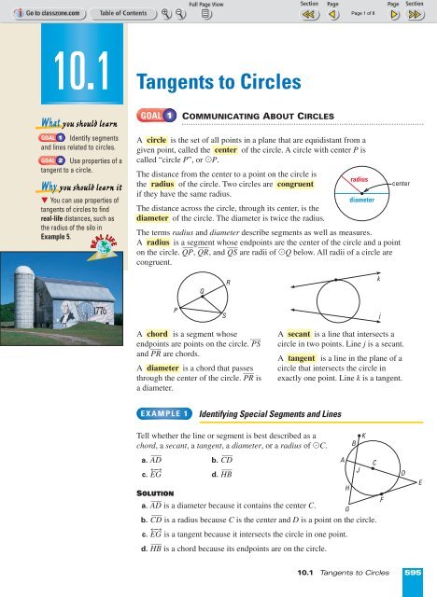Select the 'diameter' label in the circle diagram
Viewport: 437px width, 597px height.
click(361, 199)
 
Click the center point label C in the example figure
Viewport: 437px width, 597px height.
click(374, 463)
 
